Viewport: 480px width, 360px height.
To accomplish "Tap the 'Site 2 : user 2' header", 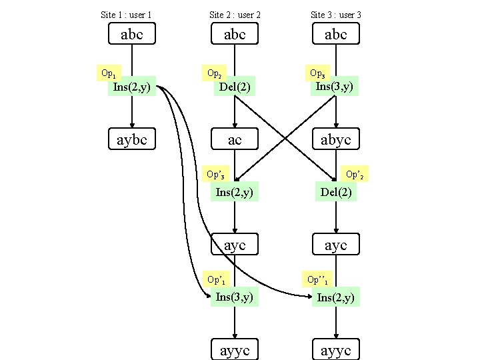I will pos(235,14).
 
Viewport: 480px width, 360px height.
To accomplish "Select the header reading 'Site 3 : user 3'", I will pos(336,14).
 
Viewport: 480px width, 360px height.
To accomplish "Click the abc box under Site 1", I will pos(132,34).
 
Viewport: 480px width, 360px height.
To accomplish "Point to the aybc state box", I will pos(132,139).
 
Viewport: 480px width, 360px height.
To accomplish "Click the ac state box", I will pos(235,139).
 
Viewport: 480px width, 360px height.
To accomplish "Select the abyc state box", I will pos(336,139).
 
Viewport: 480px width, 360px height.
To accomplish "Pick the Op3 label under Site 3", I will pos(318,72).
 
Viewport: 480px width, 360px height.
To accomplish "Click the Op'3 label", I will pos(215,175).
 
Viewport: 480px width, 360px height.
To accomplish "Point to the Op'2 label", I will pos(355,175).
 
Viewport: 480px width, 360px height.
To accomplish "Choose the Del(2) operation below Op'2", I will pos(336,193).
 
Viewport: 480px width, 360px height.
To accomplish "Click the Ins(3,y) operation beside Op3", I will pos(335,86).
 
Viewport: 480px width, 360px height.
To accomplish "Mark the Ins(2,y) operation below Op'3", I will pos(235,193).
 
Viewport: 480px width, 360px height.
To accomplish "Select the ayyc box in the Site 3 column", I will pos(336,350).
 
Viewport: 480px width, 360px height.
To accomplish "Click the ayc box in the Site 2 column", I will pos(235,245).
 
